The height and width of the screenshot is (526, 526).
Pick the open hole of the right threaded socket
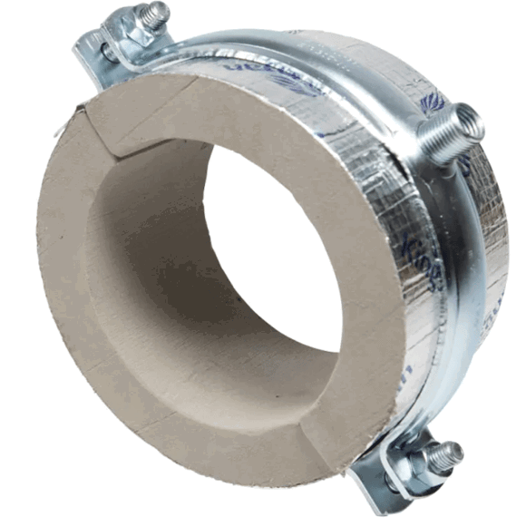[470, 116]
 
